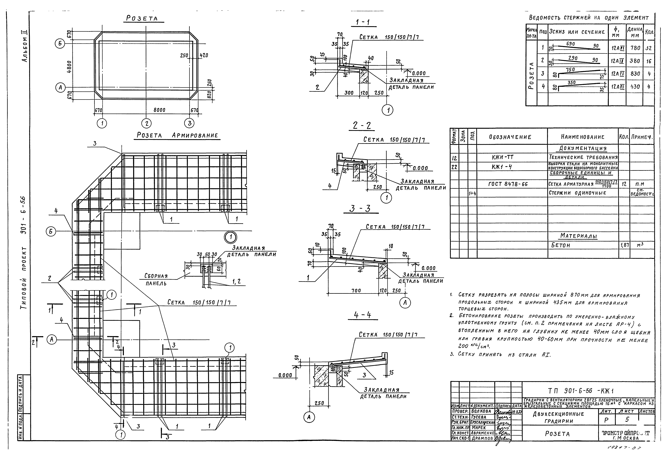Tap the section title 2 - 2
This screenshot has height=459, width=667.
click(362, 126)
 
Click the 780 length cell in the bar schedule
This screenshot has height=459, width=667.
click(635, 48)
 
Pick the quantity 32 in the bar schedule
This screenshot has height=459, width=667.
click(648, 48)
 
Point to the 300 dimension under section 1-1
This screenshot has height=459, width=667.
click(349, 93)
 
